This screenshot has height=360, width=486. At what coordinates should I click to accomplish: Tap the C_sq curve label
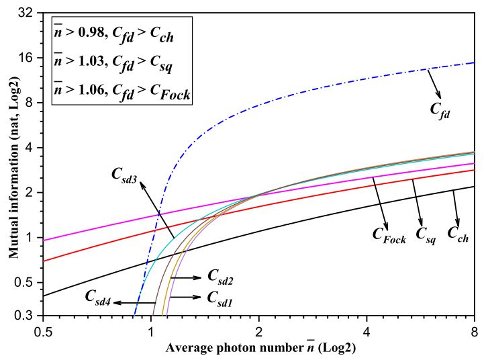click(x=426, y=234)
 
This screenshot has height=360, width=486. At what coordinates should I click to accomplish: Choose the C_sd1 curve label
click(x=220, y=296)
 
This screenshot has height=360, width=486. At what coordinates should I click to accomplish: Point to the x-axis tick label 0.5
click(x=44, y=331)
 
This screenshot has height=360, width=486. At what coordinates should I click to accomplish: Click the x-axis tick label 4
click(x=367, y=331)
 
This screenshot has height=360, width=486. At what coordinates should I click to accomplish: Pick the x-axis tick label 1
click(x=151, y=331)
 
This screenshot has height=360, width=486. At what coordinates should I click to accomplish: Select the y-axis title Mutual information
click(x=12, y=164)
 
